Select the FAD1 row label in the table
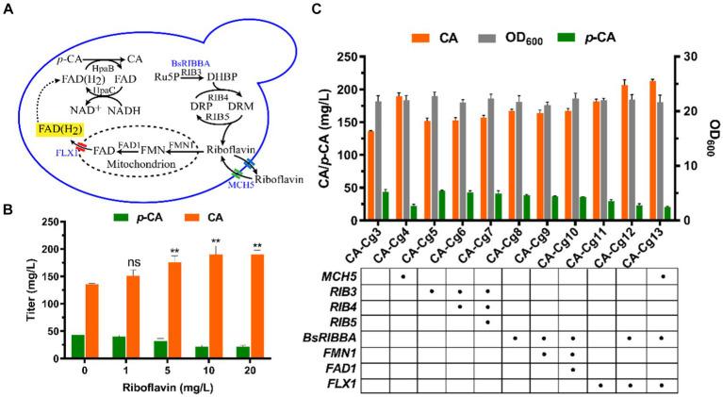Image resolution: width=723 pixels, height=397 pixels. point(337,368)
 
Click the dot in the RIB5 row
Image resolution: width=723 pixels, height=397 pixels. point(488,321)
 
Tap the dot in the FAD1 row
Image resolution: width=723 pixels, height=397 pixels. point(573,368)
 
